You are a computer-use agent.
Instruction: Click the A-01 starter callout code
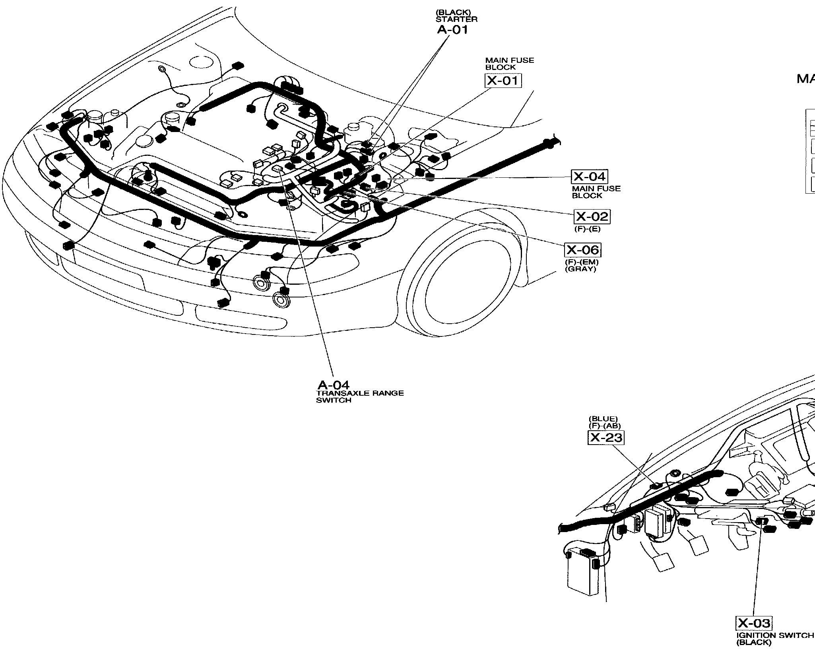pyautogui.click(x=452, y=30)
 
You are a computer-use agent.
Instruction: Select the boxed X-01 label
pyautogui.click(x=503, y=81)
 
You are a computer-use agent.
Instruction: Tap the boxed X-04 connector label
pyautogui.click(x=590, y=177)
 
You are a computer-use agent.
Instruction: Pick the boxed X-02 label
pyautogui.click(x=592, y=217)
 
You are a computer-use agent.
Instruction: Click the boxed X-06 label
pyautogui.click(x=582, y=250)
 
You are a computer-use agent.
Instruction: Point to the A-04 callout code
pyautogui.click(x=333, y=385)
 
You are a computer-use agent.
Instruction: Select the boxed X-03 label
pyautogui.click(x=754, y=623)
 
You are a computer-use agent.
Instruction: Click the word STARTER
pyautogui.click(x=457, y=19)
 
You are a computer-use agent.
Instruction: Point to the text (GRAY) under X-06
pyautogui.click(x=581, y=269)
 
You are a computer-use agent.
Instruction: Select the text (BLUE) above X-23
pyautogui.click(x=603, y=419)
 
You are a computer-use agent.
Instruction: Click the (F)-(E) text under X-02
pyautogui.click(x=587, y=229)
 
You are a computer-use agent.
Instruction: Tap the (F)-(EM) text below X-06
pyautogui.click(x=582, y=262)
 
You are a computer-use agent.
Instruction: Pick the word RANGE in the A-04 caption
pyautogui.click(x=383, y=393)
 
